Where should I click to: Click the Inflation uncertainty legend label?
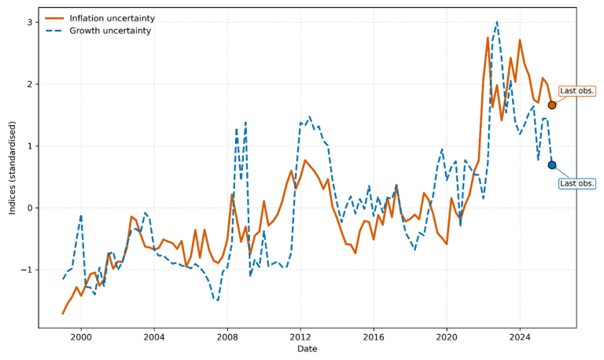(x=111, y=18)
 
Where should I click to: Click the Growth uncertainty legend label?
(x=110, y=31)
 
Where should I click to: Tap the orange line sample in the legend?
(x=57, y=18)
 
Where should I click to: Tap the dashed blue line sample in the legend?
(x=57, y=31)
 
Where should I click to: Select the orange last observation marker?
(x=552, y=105)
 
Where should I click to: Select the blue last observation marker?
(x=552, y=165)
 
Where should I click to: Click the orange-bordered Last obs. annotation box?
(x=576, y=91)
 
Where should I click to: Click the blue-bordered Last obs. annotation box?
(x=576, y=183)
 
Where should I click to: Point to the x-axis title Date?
(x=308, y=349)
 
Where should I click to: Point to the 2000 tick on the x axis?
(x=81, y=336)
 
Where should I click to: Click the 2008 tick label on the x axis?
(x=226, y=336)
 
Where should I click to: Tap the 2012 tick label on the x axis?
(x=300, y=336)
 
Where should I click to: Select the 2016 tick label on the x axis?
(x=373, y=336)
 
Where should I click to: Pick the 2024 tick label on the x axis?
(x=519, y=336)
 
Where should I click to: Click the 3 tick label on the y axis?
(x=29, y=23)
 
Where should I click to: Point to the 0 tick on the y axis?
(x=29, y=208)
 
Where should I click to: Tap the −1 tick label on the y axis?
(x=27, y=270)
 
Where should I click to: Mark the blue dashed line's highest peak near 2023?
(x=497, y=22)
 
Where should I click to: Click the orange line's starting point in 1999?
(x=63, y=314)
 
